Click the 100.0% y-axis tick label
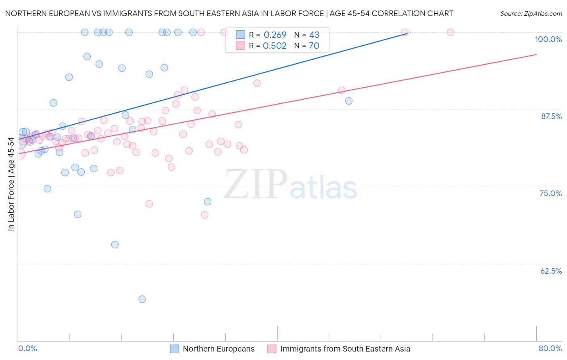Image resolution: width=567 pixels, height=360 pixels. [548, 39]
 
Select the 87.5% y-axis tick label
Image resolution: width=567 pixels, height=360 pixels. [551, 116]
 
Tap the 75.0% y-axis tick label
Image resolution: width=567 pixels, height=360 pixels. [550, 193]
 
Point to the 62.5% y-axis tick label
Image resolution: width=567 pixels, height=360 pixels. [551, 271]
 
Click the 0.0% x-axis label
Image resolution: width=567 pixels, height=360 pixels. [27, 348]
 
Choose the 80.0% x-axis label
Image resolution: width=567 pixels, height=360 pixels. [550, 348]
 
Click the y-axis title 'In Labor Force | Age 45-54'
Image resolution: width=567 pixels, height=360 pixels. [11, 184]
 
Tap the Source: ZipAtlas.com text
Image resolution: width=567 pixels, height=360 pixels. [531, 14]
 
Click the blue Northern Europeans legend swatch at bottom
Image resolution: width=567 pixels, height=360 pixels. [174, 349]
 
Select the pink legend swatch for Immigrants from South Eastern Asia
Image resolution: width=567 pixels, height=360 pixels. [272, 349]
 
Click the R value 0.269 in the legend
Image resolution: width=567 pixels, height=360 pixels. [275, 35]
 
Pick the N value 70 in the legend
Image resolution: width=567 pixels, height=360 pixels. [314, 46]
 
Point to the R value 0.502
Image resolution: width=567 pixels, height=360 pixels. [275, 46]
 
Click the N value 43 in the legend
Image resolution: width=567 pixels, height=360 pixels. [314, 35]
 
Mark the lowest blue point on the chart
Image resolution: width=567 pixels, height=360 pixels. [142, 299]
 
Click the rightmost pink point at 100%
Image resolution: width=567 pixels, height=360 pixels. [450, 32]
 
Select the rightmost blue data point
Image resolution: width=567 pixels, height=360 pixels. [349, 101]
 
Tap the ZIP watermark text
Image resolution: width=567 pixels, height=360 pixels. [256, 184]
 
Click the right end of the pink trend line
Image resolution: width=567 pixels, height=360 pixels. [536, 54]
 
